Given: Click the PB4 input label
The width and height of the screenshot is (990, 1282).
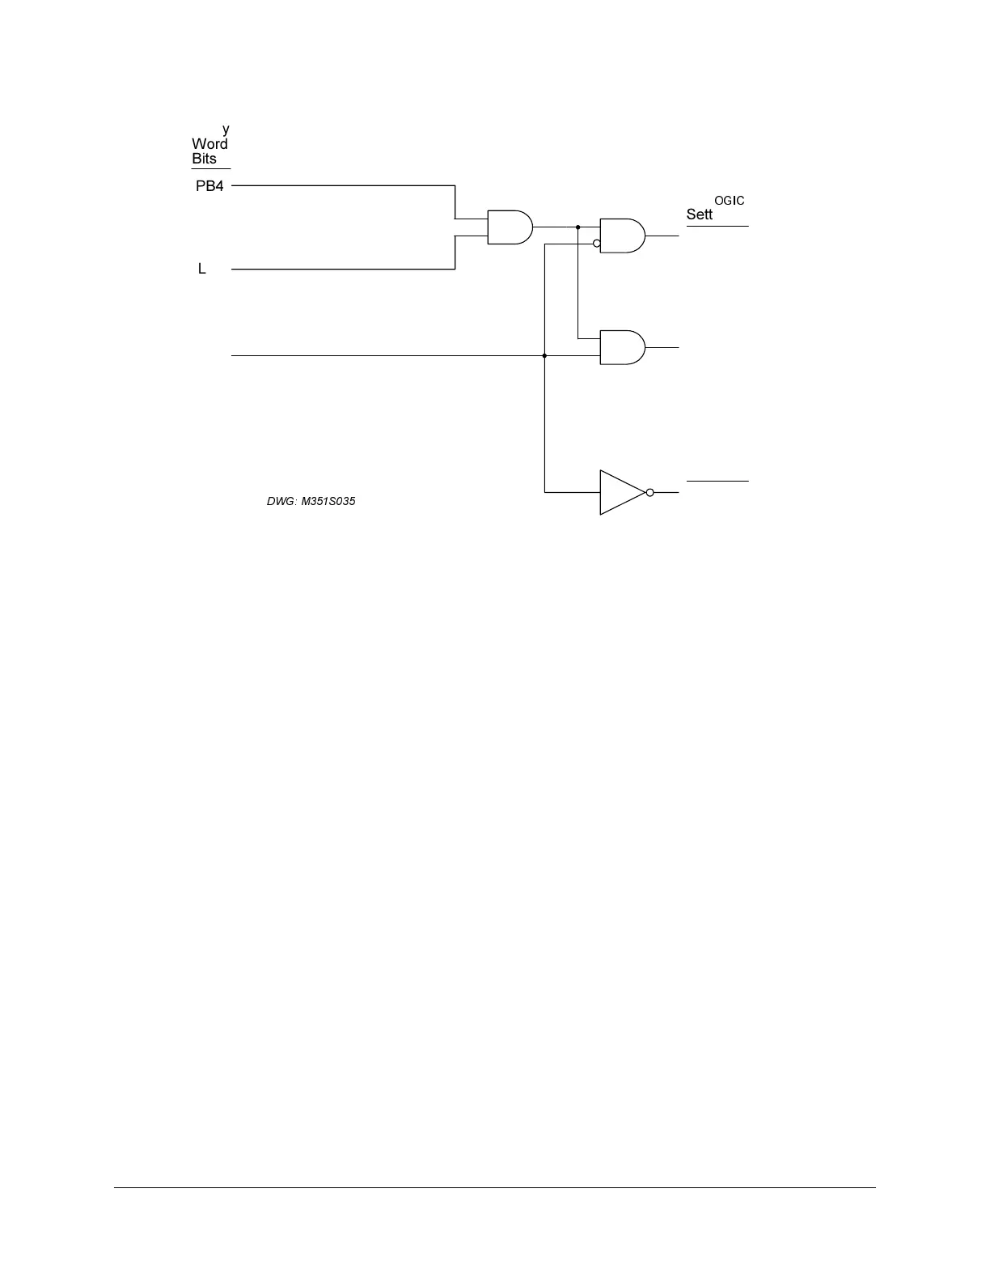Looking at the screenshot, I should pos(209,186).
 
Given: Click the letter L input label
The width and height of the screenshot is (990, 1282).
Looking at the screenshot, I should pos(202,269).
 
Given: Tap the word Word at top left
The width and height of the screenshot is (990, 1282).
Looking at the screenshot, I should pos(209,144).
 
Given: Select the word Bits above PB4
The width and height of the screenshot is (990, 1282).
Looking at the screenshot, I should pos(204,159).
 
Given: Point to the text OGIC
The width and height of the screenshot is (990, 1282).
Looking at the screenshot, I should pos(729,201).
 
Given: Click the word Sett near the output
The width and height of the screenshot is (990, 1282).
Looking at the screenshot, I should pos(700,214).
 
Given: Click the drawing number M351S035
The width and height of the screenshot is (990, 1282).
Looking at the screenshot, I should pos(328,501).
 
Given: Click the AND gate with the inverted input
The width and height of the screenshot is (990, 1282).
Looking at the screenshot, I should pos(622,236).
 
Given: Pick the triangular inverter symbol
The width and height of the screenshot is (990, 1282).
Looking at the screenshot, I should pos(620,492).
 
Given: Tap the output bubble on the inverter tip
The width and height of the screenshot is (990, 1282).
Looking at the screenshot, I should pos(650,492).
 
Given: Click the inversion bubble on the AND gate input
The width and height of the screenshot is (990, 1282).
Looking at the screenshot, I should pos(597,243).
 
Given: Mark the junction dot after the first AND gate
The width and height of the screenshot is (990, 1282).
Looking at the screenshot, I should pos(578,227).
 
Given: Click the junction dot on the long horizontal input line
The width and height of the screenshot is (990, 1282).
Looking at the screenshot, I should pos(544,355).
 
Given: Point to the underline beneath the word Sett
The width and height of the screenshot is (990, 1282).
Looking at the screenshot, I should pos(717,227).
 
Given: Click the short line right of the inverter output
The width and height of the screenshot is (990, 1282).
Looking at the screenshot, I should pos(717,481).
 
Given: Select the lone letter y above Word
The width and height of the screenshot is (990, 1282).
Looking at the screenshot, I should pos(226,129).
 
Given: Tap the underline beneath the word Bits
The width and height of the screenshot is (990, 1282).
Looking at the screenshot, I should pos(211,168).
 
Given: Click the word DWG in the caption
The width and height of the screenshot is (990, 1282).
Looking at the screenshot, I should pos(280,501).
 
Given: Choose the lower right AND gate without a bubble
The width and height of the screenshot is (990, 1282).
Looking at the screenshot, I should pos(622,347).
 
